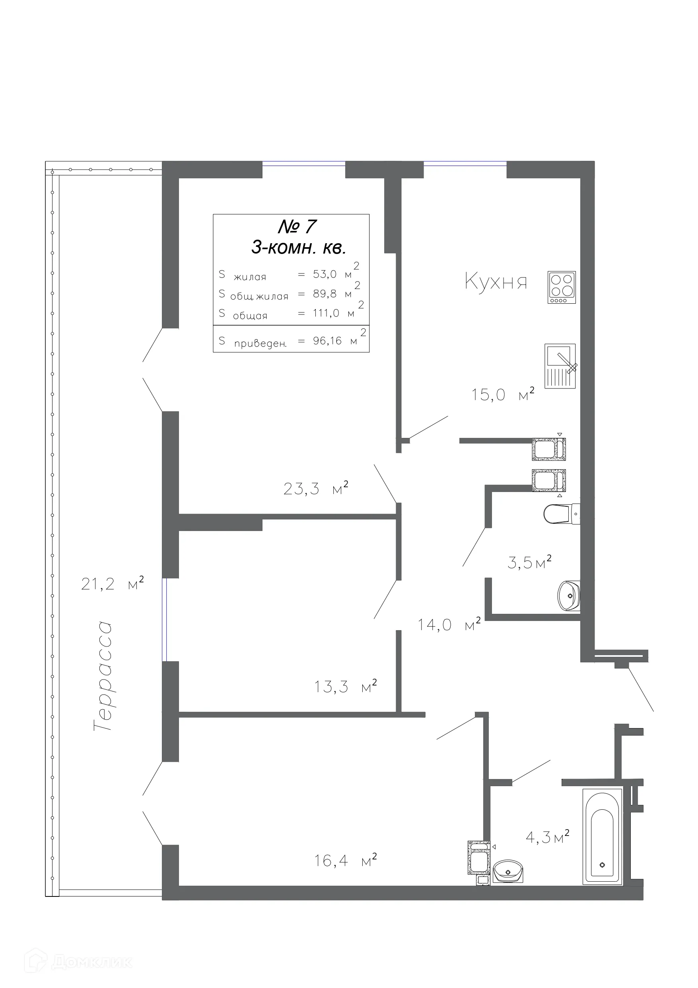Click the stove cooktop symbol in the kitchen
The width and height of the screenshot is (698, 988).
click(x=561, y=287)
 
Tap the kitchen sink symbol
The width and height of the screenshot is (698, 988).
click(x=560, y=366)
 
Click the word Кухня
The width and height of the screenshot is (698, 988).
click(x=496, y=282)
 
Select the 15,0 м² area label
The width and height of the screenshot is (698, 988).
click(x=502, y=394)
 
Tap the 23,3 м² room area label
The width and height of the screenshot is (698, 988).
click(x=315, y=488)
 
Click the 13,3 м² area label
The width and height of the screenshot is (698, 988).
click(x=345, y=687)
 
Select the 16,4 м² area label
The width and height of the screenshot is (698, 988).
click(x=345, y=861)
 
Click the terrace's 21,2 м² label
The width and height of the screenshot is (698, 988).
click(x=112, y=584)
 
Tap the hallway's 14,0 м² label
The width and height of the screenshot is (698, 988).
click(x=449, y=625)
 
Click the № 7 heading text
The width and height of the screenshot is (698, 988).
click(x=297, y=227)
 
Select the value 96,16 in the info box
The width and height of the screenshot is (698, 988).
click(x=327, y=341)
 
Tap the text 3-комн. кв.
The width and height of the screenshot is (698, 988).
click(x=298, y=248)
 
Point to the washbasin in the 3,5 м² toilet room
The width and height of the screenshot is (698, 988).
click(x=569, y=596)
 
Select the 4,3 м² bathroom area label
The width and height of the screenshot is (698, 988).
click(x=547, y=837)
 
